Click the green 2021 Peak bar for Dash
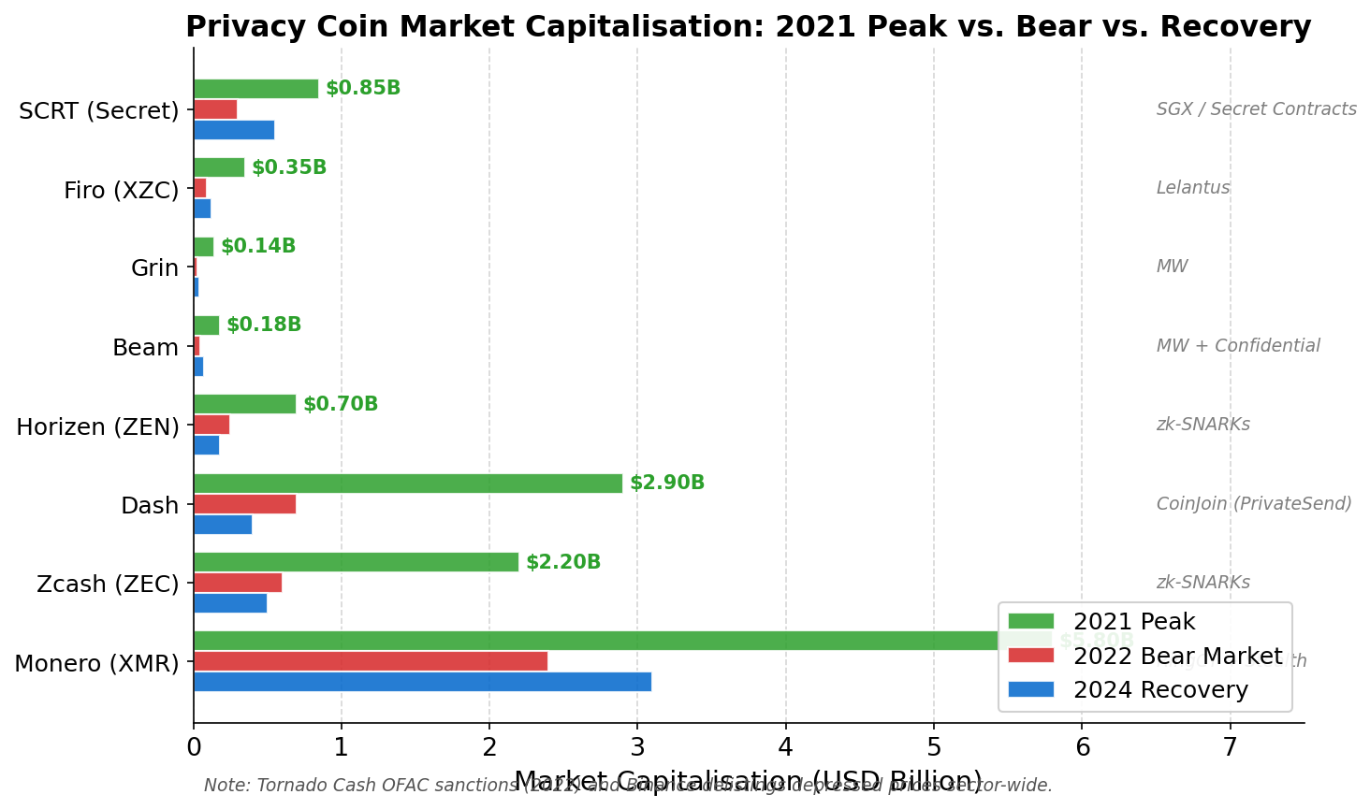[x=407, y=484]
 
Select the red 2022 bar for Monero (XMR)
[x=370, y=661]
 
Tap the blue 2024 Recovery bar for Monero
[x=421, y=682]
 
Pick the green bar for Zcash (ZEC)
[x=356, y=562]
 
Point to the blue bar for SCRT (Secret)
[x=234, y=130]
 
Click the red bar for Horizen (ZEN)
[x=211, y=425]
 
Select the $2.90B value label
[x=667, y=484]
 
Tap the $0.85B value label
[x=363, y=89]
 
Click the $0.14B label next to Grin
[x=258, y=247]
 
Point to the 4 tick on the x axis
[x=786, y=747]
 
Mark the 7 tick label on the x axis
[x=1231, y=747]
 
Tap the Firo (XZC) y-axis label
[x=121, y=191]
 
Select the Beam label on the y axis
[x=145, y=348]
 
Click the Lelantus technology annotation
[x=1193, y=188]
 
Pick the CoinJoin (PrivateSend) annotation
[x=1254, y=504]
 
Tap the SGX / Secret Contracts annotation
[x=1256, y=109]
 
